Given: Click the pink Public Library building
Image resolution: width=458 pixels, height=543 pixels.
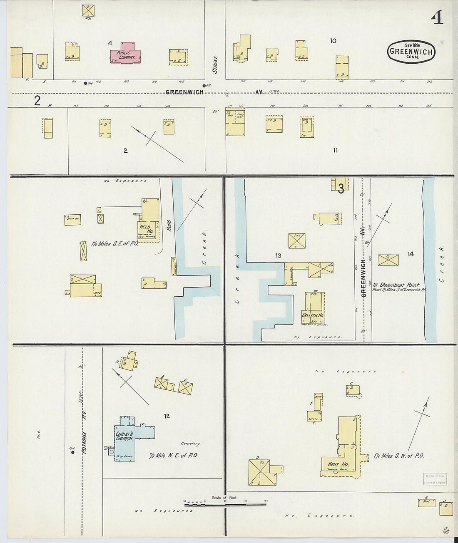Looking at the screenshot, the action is [x=125, y=54].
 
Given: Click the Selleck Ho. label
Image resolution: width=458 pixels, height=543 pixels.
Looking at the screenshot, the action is [x=312, y=315].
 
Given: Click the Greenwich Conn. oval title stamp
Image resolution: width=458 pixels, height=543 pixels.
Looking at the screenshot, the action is [x=411, y=52].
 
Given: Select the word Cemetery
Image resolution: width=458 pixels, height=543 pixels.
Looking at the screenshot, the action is [x=190, y=444].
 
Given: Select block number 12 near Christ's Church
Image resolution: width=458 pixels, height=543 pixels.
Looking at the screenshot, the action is [x=167, y=416].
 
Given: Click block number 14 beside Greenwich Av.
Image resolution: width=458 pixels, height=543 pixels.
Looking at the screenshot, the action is [x=411, y=254].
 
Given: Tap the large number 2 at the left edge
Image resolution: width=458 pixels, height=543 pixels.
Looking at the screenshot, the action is [x=37, y=100].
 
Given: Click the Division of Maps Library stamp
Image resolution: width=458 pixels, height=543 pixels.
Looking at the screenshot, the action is [x=435, y=479].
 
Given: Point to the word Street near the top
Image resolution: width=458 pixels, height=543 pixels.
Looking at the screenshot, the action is [x=215, y=64].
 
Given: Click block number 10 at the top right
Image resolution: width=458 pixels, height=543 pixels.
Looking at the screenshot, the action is [x=333, y=41].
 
